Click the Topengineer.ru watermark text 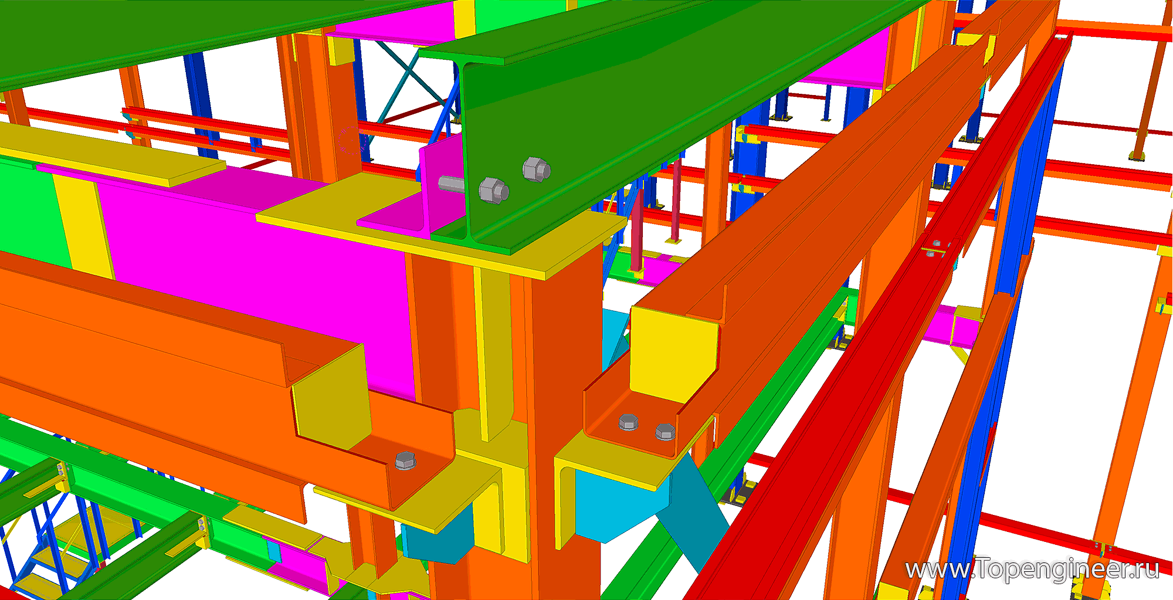click(x=1032, y=570)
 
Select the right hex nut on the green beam click(x=536, y=169)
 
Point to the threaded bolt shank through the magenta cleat click(x=451, y=184)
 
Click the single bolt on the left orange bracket click(x=405, y=460)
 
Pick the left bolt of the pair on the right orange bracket click(x=628, y=422)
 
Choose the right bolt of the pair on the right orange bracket click(x=665, y=432)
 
